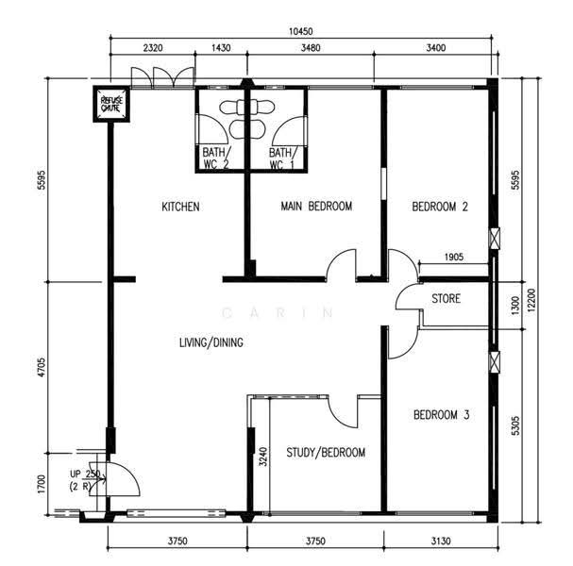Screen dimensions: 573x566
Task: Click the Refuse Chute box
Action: click(x=111, y=104)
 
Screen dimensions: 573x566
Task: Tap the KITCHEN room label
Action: click(x=180, y=207)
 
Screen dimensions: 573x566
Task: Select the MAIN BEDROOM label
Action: click(x=316, y=207)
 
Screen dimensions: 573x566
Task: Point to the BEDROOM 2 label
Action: click(x=440, y=207)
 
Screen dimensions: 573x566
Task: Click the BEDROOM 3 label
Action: click(x=442, y=415)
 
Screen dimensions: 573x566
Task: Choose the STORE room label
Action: click(x=446, y=298)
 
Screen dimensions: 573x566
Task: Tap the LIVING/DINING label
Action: click(x=211, y=342)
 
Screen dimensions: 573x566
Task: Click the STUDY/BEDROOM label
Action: click(x=326, y=453)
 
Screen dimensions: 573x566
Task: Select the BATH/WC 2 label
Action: click(x=216, y=158)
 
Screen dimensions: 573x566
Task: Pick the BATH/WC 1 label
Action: click(x=282, y=158)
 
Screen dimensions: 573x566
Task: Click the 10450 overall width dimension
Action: click(x=301, y=31)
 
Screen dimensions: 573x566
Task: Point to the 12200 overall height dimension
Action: click(x=531, y=300)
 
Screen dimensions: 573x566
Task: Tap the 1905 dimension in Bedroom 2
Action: click(x=454, y=258)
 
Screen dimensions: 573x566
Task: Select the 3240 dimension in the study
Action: click(x=263, y=457)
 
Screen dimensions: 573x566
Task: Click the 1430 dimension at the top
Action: click(x=221, y=48)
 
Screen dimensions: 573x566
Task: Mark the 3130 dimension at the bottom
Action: click(x=441, y=541)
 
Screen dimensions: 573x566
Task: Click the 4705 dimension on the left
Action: click(x=42, y=367)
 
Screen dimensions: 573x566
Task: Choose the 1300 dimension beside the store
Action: click(x=514, y=306)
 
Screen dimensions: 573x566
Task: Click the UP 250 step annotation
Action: click(x=85, y=474)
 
